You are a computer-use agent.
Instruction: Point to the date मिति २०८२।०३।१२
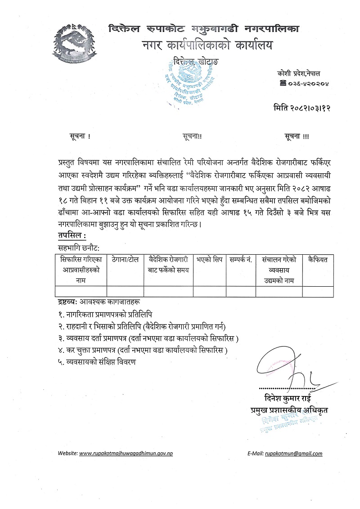(x=301, y=108)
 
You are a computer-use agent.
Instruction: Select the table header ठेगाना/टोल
(x=126, y=260)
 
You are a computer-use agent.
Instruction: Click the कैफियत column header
(x=318, y=260)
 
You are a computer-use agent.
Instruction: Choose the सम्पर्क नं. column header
(x=240, y=260)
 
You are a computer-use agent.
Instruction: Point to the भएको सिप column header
(x=209, y=260)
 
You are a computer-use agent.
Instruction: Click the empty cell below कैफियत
(x=318, y=291)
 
